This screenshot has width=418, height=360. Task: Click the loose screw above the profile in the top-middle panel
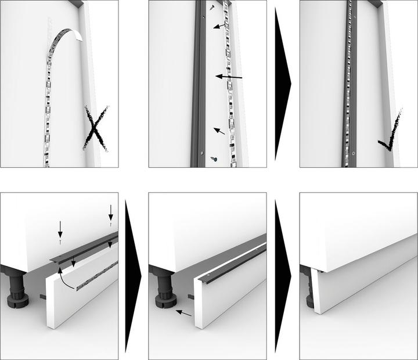pyautogui.click(x=212, y=8)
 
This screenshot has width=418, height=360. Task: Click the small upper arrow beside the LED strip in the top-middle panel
pyautogui.click(x=219, y=26)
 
